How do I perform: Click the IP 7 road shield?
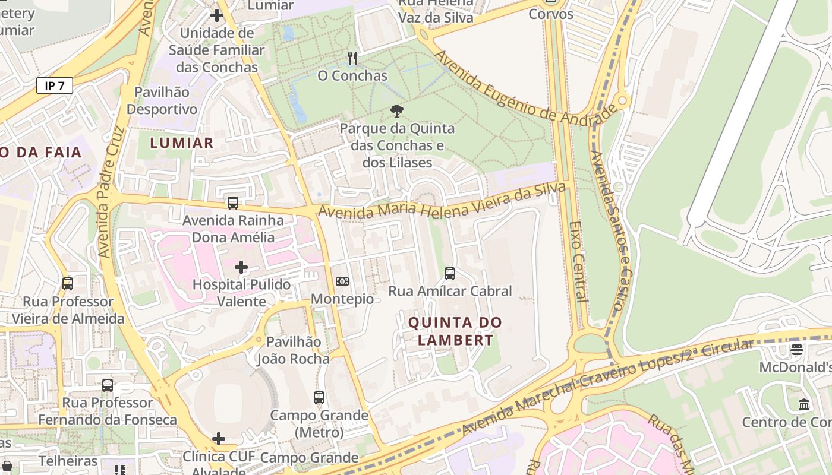(x=55, y=86)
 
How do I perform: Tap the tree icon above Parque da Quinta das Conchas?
(x=396, y=110)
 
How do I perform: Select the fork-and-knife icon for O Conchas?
(x=352, y=58)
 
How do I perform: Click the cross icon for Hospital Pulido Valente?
(x=241, y=267)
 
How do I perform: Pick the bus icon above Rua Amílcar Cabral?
(x=450, y=274)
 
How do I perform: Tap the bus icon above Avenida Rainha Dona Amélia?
(x=233, y=203)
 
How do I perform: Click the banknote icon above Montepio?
(x=342, y=281)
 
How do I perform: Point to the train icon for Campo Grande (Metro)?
(x=319, y=398)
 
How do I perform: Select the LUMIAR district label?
(x=181, y=142)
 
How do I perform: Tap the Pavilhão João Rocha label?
(x=293, y=350)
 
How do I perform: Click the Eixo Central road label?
(x=578, y=261)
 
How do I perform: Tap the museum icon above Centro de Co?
(x=804, y=405)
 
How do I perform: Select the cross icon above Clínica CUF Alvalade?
(x=219, y=439)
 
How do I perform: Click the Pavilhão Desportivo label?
(x=162, y=101)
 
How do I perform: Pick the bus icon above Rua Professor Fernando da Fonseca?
(x=108, y=385)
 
